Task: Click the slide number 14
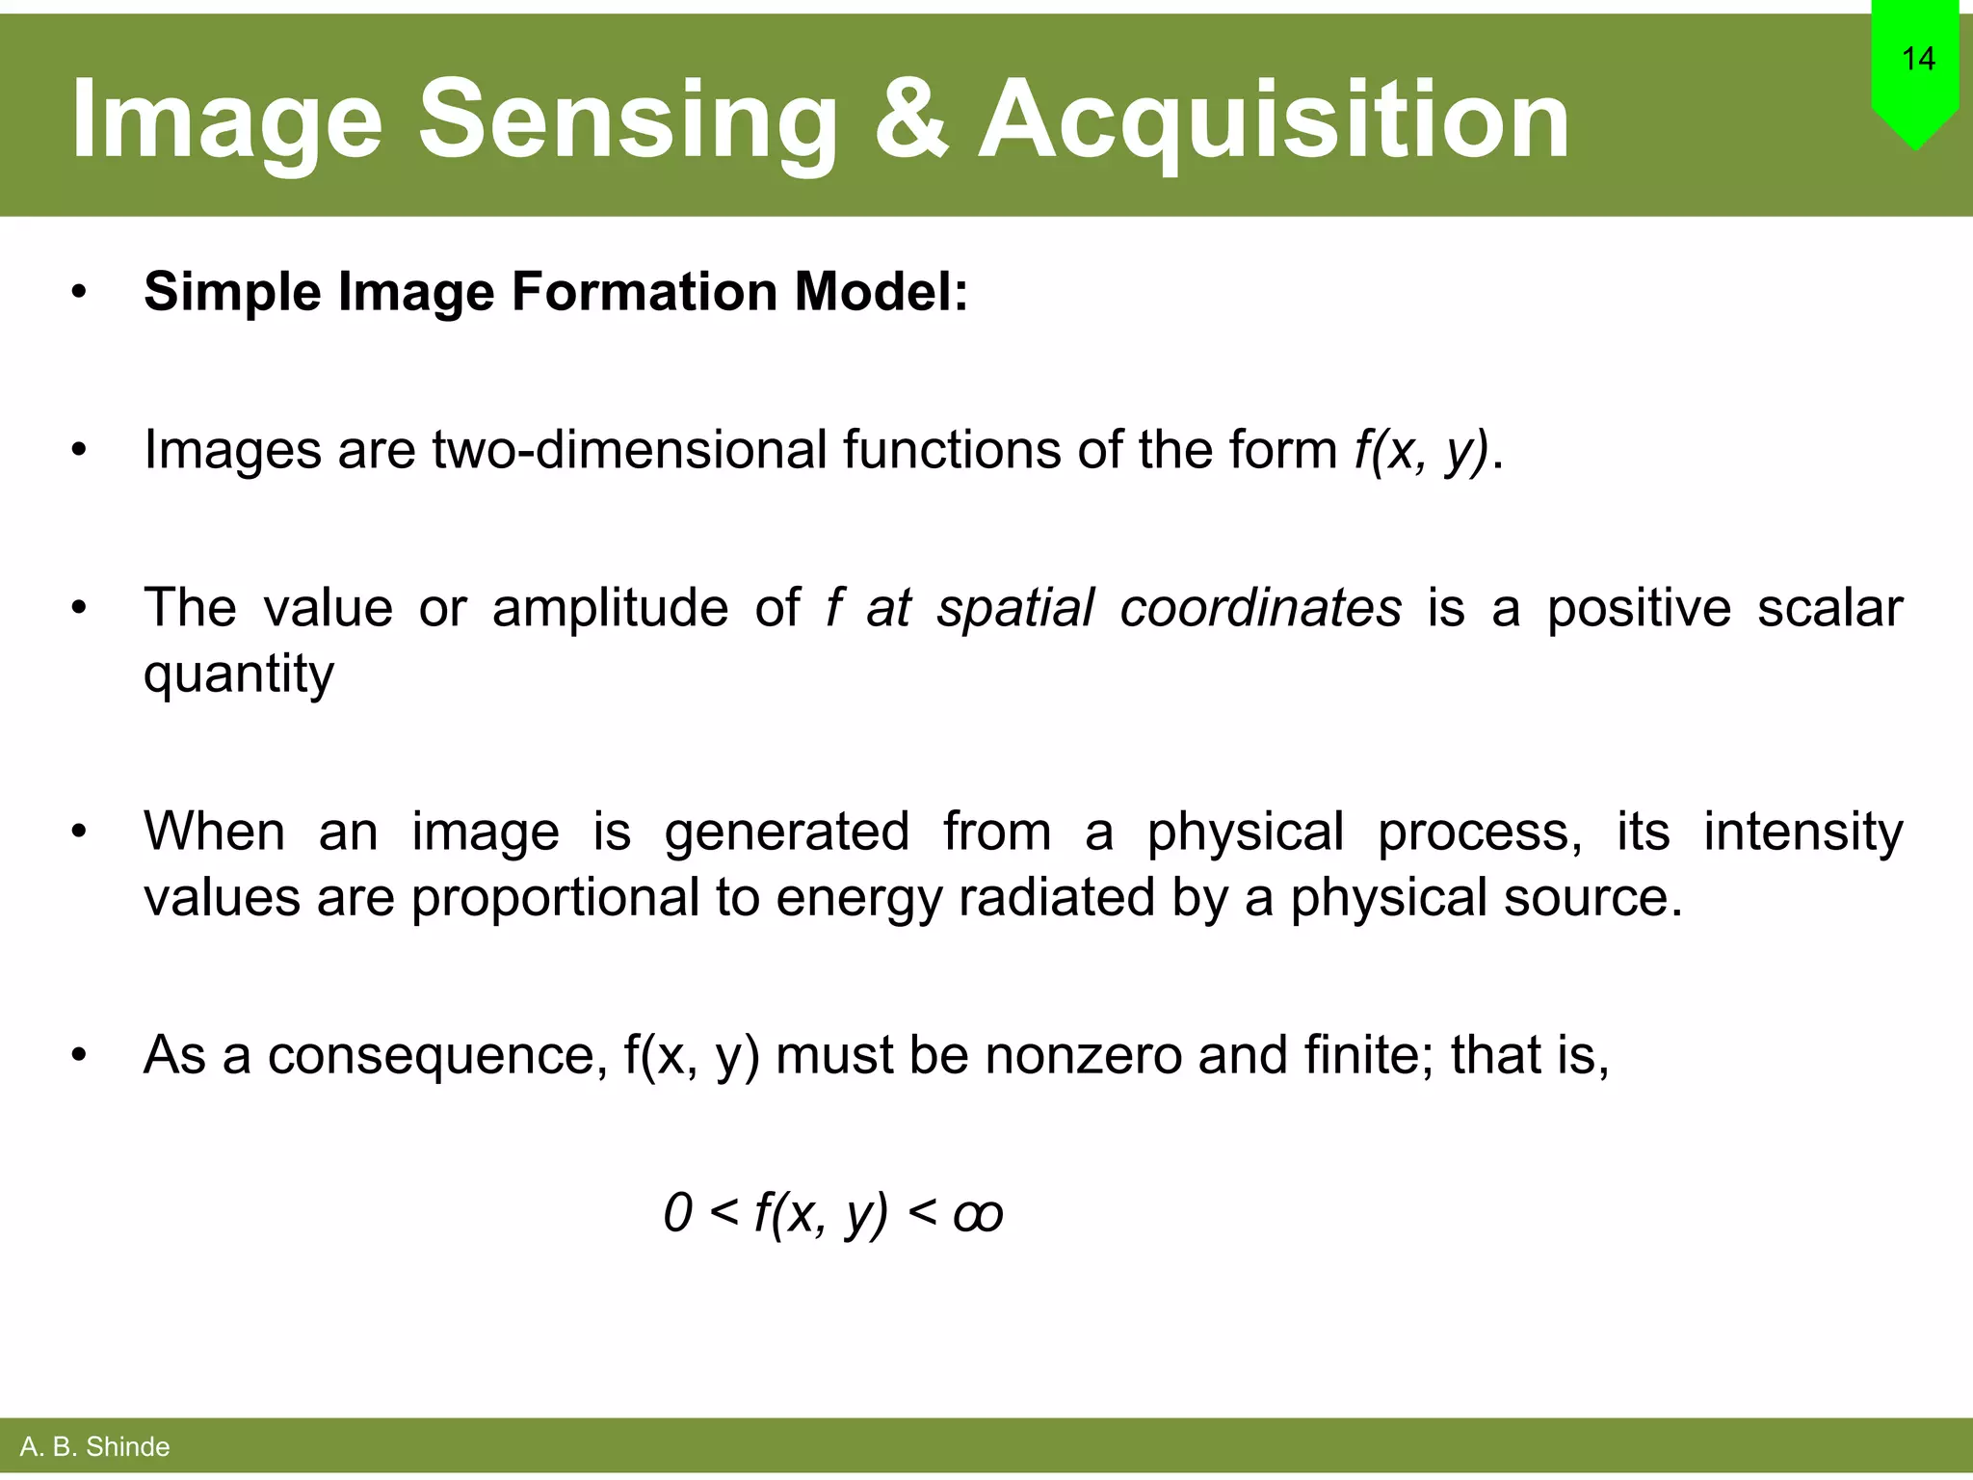tap(1918, 60)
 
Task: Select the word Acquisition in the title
tap(1274, 121)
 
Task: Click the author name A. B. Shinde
tap(94, 1446)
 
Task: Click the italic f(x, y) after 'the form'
tap(1420, 451)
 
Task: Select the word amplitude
tap(610, 608)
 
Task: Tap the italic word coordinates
tap(1260, 608)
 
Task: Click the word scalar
tap(1829, 608)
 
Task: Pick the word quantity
tap(239, 674)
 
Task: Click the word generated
tap(786, 832)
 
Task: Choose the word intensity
tap(1802, 832)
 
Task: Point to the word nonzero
tap(1083, 1055)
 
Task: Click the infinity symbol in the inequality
tap(978, 1214)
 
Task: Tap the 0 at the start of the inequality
tap(678, 1212)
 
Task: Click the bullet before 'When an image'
tap(79, 832)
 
